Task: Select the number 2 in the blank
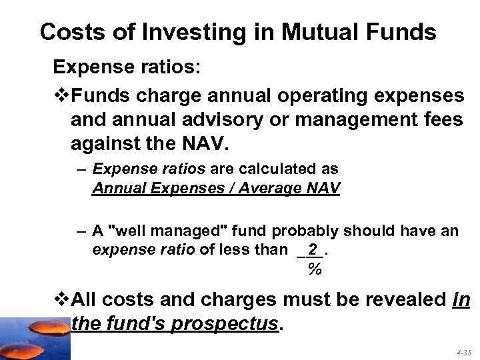[312, 249]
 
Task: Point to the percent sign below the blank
[315, 270]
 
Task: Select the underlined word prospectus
[224, 323]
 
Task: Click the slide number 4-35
[463, 351]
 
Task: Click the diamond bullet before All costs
[61, 298]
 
